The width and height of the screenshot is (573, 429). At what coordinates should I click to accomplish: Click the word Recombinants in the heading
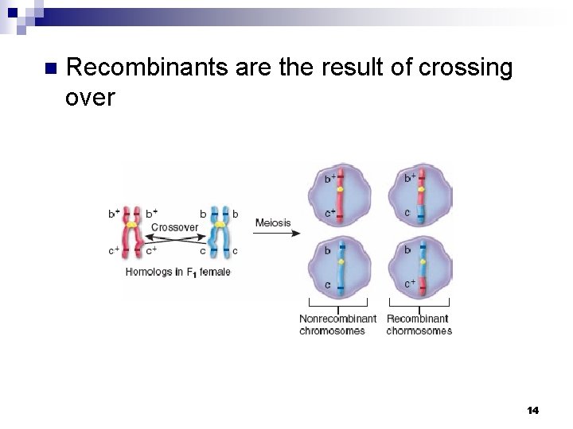click(x=148, y=69)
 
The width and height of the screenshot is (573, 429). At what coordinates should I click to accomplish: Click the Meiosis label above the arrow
click(x=273, y=223)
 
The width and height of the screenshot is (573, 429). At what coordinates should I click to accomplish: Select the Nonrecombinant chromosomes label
click(x=337, y=325)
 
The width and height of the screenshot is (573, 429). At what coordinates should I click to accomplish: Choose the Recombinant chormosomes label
click(x=419, y=325)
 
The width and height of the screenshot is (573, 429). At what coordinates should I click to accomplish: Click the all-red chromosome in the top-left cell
click(x=340, y=195)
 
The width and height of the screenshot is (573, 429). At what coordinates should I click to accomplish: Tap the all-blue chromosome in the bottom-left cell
click(x=340, y=267)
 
